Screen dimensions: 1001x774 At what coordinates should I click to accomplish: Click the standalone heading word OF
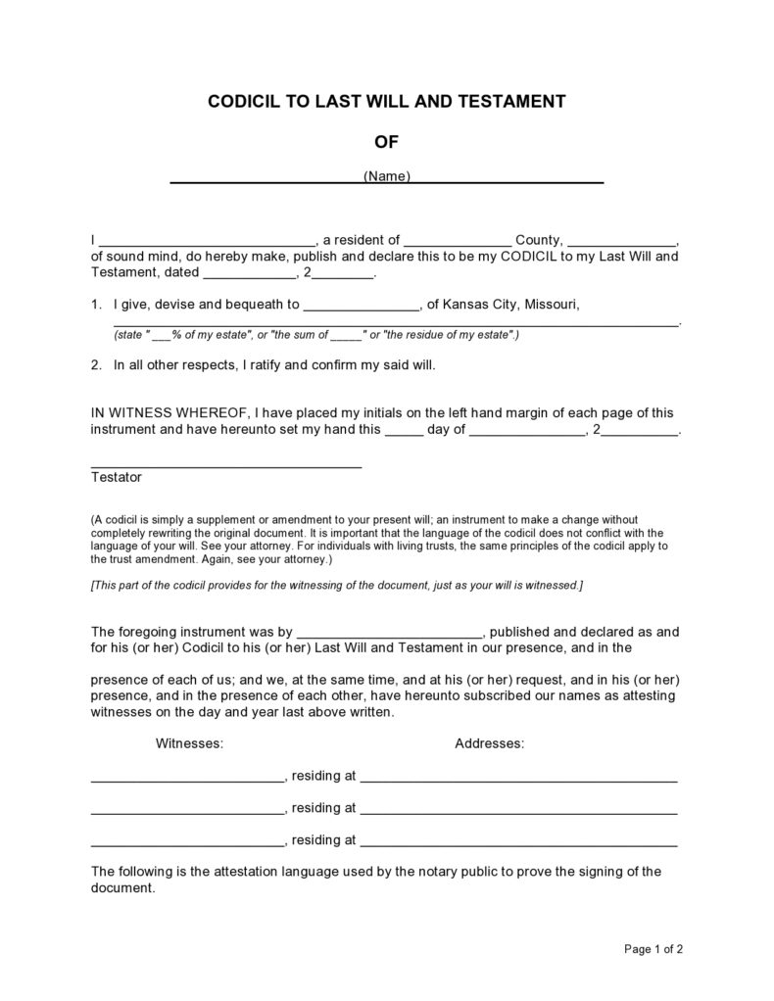(x=387, y=142)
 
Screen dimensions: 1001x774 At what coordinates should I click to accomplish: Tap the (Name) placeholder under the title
(x=387, y=176)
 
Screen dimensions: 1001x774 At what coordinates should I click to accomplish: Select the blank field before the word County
(x=458, y=241)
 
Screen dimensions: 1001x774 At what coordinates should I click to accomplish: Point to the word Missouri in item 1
(x=551, y=304)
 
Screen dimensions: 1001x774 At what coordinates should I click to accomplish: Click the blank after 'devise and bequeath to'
(x=361, y=306)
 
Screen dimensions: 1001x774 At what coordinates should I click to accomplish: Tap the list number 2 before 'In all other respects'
(x=95, y=365)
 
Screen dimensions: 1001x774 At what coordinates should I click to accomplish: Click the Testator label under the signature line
(x=117, y=477)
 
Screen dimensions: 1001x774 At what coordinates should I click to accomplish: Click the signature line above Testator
(x=226, y=465)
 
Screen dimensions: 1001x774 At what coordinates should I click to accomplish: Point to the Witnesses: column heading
(x=189, y=743)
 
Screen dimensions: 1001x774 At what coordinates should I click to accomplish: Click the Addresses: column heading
(x=489, y=743)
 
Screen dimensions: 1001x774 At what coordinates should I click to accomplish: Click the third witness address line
(x=519, y=842)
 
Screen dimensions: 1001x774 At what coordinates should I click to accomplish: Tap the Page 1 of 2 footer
(x=653, y=948)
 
